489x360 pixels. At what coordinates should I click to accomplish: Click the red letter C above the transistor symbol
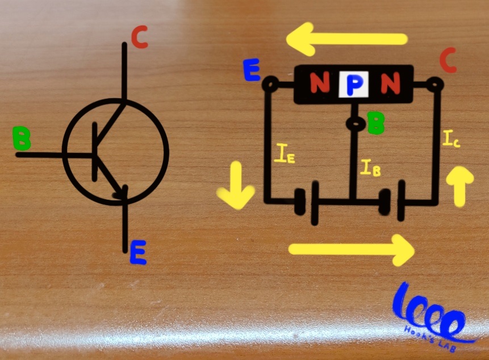(139, 37)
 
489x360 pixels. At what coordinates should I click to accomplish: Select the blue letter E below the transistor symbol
(138, 253)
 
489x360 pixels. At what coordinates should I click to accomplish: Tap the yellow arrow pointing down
(236, 191)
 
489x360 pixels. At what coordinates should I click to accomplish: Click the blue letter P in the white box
(354, 86)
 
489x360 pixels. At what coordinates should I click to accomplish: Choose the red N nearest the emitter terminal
(319, 85)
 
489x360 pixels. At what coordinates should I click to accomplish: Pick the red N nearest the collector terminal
(390, 85)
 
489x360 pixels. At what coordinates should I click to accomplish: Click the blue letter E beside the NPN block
(250, 70)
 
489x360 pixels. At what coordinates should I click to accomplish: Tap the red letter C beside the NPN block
(448, 61)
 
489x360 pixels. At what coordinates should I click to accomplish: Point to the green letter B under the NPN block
(375, 123)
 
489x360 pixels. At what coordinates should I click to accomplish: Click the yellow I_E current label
(284, 154)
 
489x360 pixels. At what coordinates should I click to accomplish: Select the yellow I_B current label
(370, 168)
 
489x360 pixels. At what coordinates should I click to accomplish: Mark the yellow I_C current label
(452, 139)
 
